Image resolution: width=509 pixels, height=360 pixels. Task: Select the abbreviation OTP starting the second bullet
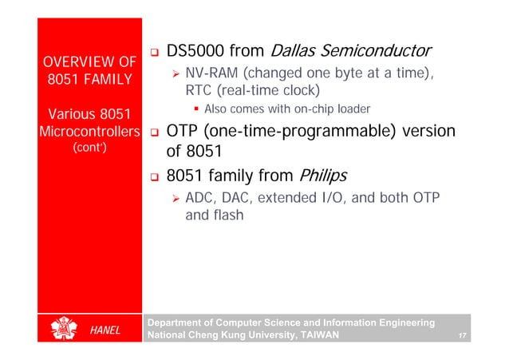click(184, 130)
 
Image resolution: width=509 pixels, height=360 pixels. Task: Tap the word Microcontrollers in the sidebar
click(90, 130)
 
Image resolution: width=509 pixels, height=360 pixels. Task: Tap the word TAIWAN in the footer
click(317, 336)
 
